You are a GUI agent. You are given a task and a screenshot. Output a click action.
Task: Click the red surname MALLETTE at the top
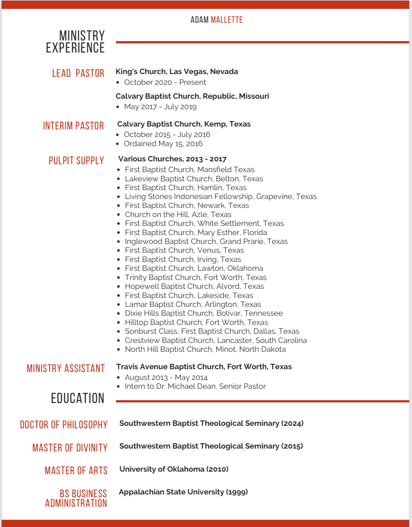click(x=227, y=20)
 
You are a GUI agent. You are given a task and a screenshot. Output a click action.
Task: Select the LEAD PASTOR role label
click(x=78, y=73)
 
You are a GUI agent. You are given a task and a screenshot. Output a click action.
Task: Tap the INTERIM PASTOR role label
click(x=73, y=126)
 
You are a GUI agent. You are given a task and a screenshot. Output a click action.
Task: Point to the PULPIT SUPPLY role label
click(x=76, y=161)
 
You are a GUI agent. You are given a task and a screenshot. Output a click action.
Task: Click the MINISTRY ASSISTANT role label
click(x=66, y=369)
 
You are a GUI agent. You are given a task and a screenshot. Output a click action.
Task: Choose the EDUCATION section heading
click(x=78, y=398)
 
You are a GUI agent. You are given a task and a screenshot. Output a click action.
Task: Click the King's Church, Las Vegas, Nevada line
click(x=177, y=71)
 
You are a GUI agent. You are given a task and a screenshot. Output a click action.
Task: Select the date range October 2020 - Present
click(x=165, y=82)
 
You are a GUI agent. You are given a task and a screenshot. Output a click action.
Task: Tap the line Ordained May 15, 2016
click(x=163, y=144)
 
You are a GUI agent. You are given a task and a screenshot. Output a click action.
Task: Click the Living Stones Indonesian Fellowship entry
click(x=221, y=196)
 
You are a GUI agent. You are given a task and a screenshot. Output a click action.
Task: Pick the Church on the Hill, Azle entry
click(x=178, y=214)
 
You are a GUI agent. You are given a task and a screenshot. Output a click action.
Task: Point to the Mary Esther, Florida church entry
click(x=196, y=232)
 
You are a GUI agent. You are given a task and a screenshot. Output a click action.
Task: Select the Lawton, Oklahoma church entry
click(x=194, y=268)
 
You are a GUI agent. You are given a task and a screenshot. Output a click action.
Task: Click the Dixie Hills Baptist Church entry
click(x=204, y=313)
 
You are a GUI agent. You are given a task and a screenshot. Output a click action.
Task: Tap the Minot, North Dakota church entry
click(x=205, y=349)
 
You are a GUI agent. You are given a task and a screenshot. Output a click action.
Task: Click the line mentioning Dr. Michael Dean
click(x=195, y=386)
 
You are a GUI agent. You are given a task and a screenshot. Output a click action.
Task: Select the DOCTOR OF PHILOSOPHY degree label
click(x=64, y=425)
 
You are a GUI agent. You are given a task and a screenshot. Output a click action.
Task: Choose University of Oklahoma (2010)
click(x=174, y=469)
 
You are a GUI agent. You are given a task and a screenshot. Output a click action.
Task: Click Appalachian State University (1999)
click(x=183, y=492)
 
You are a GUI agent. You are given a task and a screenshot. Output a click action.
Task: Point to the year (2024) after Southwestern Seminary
click(x=292, y=423)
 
